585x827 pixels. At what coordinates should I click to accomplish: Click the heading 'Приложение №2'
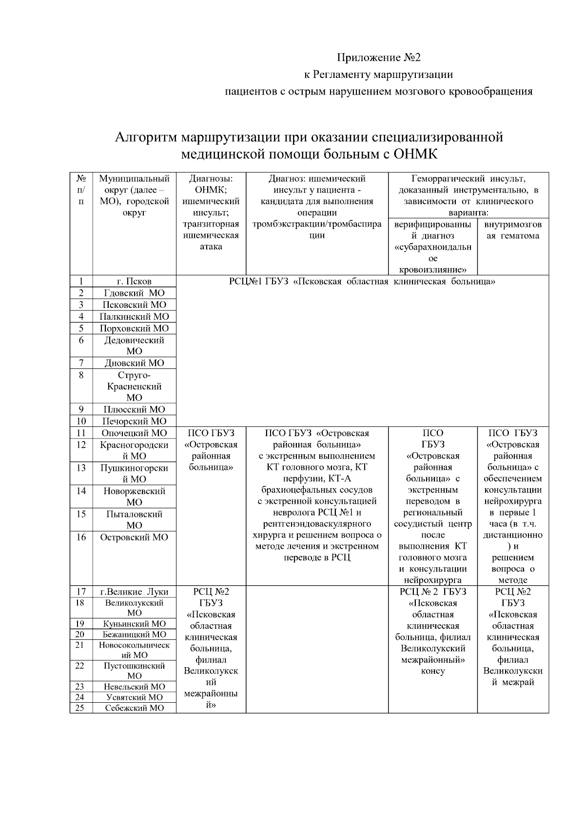379,58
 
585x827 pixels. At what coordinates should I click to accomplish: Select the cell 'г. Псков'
134,281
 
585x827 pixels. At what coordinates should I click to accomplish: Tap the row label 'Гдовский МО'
134,293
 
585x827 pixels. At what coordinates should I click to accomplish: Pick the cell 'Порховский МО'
134,328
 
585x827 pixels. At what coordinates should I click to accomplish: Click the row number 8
81,375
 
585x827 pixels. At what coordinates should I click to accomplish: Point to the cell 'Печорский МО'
134,421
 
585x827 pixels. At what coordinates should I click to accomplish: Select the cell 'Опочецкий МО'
134,433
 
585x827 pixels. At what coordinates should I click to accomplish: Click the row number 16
81,537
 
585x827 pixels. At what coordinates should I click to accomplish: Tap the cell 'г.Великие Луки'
134,592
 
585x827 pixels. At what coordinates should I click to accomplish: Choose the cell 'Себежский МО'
134,708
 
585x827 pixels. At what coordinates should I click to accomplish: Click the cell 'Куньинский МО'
134,623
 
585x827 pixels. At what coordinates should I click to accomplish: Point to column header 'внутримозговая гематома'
513,230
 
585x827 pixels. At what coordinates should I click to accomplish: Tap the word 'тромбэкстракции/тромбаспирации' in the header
317,224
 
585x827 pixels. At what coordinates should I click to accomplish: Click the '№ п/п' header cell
81,190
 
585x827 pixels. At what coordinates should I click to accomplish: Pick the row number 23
80,687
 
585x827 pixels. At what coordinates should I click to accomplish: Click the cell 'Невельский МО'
134,687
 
